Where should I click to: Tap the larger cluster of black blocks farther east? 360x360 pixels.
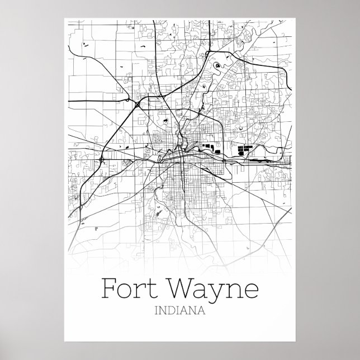245,149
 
